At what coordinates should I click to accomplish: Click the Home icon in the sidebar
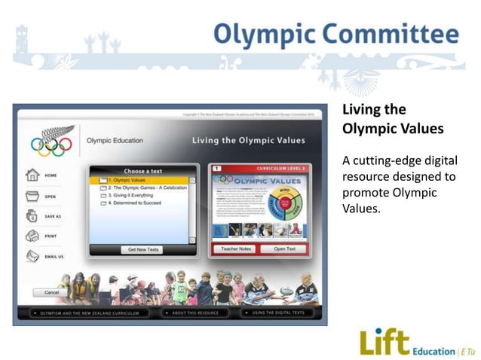(32, 175)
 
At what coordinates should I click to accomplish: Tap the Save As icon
(32, 216)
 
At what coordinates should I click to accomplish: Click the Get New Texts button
(142, 249)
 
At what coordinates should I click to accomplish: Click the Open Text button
(284, 249)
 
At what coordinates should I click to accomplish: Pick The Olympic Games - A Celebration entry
(148, 188)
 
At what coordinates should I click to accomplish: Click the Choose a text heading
(142, 171)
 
